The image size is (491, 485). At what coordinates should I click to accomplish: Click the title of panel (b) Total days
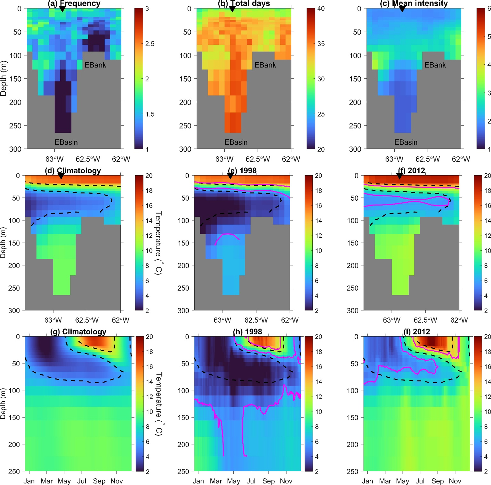(x=244, y=4)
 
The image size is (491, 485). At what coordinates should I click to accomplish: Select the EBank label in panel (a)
(x=95, y=65)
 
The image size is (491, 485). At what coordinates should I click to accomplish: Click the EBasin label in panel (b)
(x=236, y=142)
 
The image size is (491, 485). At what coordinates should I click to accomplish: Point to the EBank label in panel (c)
(x=435, y=65)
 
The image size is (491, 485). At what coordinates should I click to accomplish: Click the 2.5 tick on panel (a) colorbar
(x=150, y=44)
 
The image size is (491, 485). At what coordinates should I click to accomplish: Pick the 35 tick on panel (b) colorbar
(x=321, y=44)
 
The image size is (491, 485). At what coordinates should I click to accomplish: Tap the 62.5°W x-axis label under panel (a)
(x=88, y=159)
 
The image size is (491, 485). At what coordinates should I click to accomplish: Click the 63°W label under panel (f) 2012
(x=392, y=320)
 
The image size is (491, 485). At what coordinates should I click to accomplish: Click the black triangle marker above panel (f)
(x=400, y=176)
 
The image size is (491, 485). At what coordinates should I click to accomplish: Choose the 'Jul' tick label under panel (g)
(x=81, y=481)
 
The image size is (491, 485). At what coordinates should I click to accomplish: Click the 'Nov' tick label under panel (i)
(x=455, y=481)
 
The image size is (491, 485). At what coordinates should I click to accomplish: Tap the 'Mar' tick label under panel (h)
(x=216, y=481)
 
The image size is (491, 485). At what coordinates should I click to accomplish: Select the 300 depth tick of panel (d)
(x=14, y=310)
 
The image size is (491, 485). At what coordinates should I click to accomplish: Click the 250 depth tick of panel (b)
(x=185, y=125)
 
